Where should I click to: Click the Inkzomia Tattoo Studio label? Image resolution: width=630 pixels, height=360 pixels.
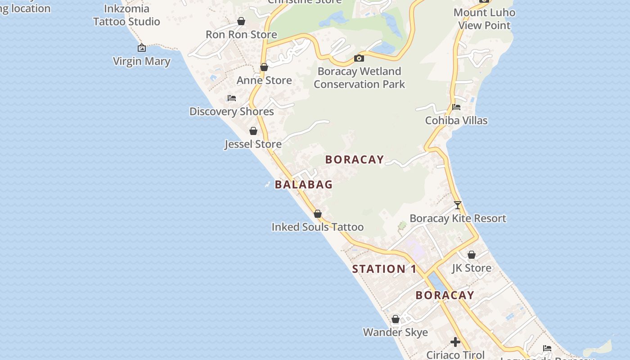click(126, 15)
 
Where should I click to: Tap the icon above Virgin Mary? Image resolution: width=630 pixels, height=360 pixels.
click(142, 48)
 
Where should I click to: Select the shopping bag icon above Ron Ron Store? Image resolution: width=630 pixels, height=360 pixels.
click(241, 21)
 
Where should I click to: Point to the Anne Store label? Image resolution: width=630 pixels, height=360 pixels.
click(264, 81)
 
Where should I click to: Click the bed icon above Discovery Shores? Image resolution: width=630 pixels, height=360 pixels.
click(232, 98)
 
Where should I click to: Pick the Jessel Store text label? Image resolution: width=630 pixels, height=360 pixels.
click(253, 144)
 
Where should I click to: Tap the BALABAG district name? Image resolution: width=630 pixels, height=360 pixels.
click(304, 184)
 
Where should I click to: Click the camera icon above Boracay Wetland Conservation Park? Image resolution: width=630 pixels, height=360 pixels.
click(359, 58)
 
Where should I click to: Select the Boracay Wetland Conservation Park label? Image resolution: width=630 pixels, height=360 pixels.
click(359, 78)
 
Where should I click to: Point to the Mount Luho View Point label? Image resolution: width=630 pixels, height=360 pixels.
click(484, 19)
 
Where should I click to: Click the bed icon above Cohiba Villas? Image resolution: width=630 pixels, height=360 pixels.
click(456, 107)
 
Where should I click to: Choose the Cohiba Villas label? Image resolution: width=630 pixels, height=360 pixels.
click(456, 121)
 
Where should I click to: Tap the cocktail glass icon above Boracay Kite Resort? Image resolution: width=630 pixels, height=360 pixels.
click(458, 205)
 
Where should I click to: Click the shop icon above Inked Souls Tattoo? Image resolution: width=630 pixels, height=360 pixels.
click(318, 214)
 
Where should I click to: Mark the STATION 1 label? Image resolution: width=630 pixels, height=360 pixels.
click(384, 269)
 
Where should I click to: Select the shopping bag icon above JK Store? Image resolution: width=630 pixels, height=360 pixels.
click(472, 255)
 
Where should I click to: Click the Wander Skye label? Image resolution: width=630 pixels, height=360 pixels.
click(396, 333)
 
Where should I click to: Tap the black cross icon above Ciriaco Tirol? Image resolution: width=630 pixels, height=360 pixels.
click(455, 342)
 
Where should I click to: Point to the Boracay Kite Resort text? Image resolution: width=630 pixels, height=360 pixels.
click(458, 219)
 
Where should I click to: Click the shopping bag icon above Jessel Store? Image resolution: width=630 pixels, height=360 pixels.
click(253, 131)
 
